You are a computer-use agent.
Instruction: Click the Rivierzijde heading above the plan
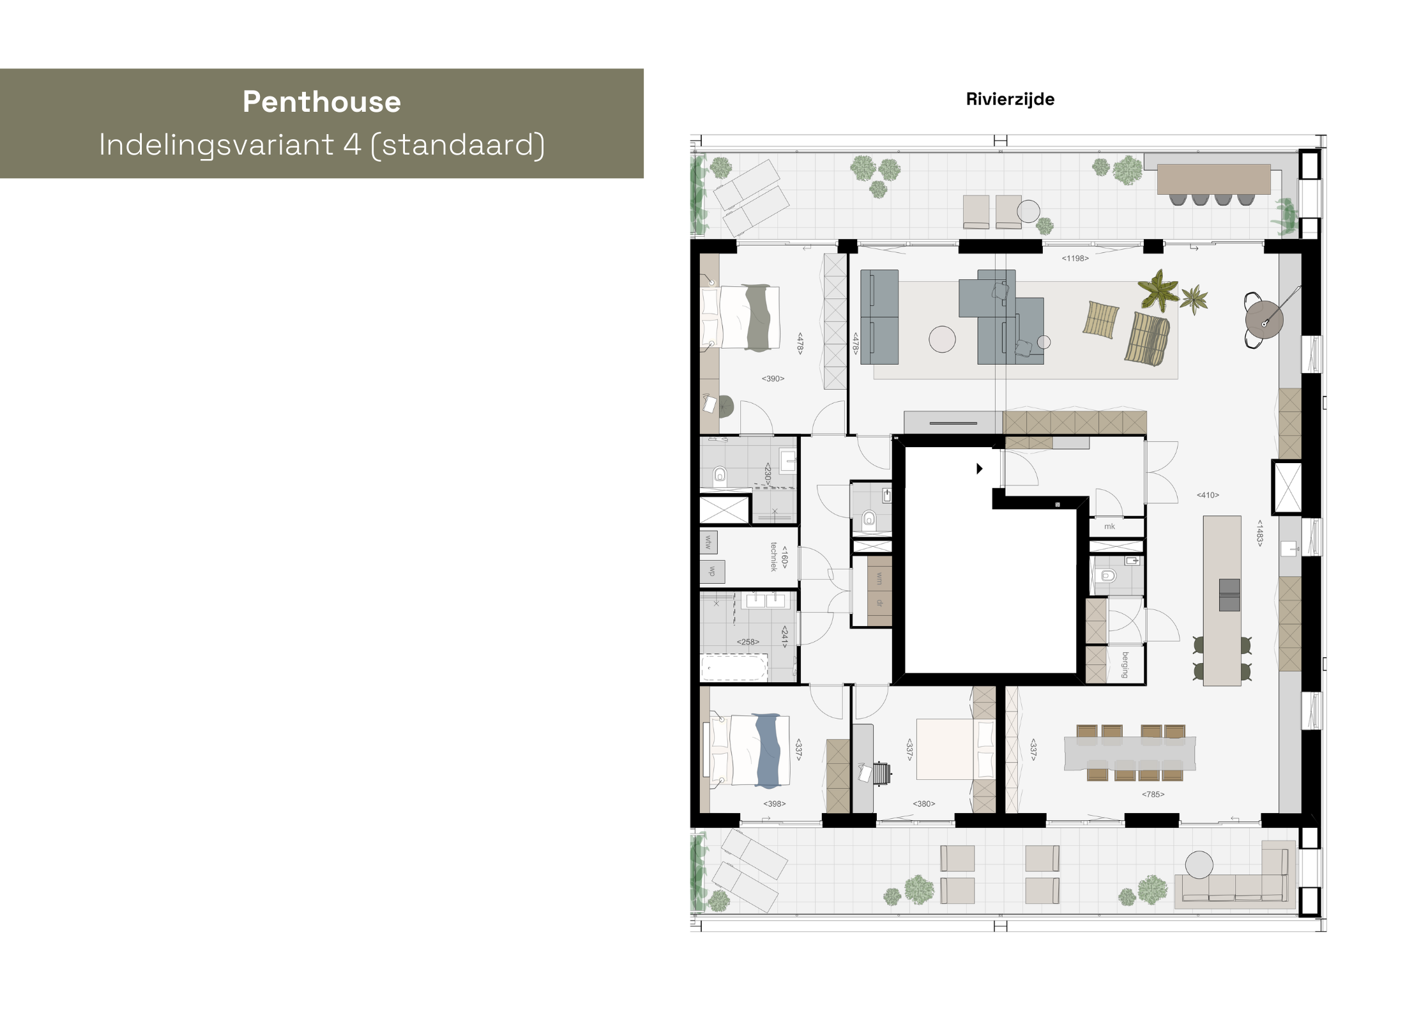pyautogui.click(x=1010, y=99)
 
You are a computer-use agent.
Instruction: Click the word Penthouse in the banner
pyautogui.click(x=321, y=102)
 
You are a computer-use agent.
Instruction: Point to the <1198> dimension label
pyautogui.click(x=1075, y=258)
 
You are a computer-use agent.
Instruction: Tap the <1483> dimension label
pyautogui.click(x=1259, y=533)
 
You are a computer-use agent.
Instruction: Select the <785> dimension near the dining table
pyautogui.click(x=1153, y=794)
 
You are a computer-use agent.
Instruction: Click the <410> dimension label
pyautogui.click(x=1208, y=495)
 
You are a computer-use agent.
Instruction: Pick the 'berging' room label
pyautogui.click(x=1125, y=664)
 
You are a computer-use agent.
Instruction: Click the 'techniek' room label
pyautogui.click(x=773, y=556)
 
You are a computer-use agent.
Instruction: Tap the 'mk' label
pyautogui.click(x=1109, y=526)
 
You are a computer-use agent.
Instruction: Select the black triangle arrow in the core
pyautogui.click(x=979, y=469)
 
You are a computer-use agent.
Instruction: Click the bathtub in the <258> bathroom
pyautogui.click(x=734, y=668)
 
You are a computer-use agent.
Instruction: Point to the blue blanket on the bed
pyautogui.click(x=768, y=751)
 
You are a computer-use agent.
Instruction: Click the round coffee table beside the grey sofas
pyautogui.click(x=942, y=339)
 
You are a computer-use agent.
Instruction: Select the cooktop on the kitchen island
pyautogui.click(x=1229, y=595)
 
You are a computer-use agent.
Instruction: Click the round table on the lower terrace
pyautogui.click(x=1199, y=865)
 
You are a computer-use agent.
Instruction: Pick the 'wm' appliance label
pyautogui.click(x=879, y=579)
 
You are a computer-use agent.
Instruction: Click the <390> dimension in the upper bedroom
pyautogui.click(x=773, y=379)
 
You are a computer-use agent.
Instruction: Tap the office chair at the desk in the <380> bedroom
pyautogui.click(x=882, y=773)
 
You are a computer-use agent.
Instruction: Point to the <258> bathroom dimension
pyautogui.click(x=748, y=642)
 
